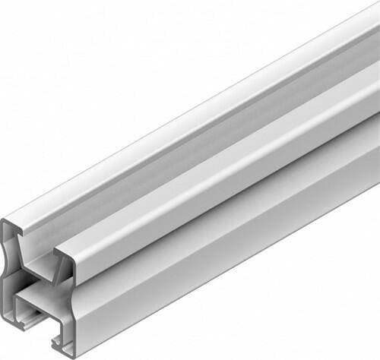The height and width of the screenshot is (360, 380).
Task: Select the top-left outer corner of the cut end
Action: coord(5,222)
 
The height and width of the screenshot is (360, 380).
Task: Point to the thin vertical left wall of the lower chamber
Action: coord(21,308)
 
